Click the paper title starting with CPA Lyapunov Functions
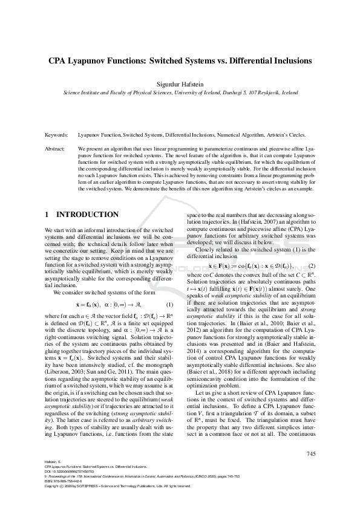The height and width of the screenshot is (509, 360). (x=180, y=61)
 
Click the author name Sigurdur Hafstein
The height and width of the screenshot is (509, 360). (x=180, y=84)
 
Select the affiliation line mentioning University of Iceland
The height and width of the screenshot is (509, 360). (x=180, y=93)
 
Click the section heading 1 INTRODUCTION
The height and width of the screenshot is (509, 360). (x=82, y=215)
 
